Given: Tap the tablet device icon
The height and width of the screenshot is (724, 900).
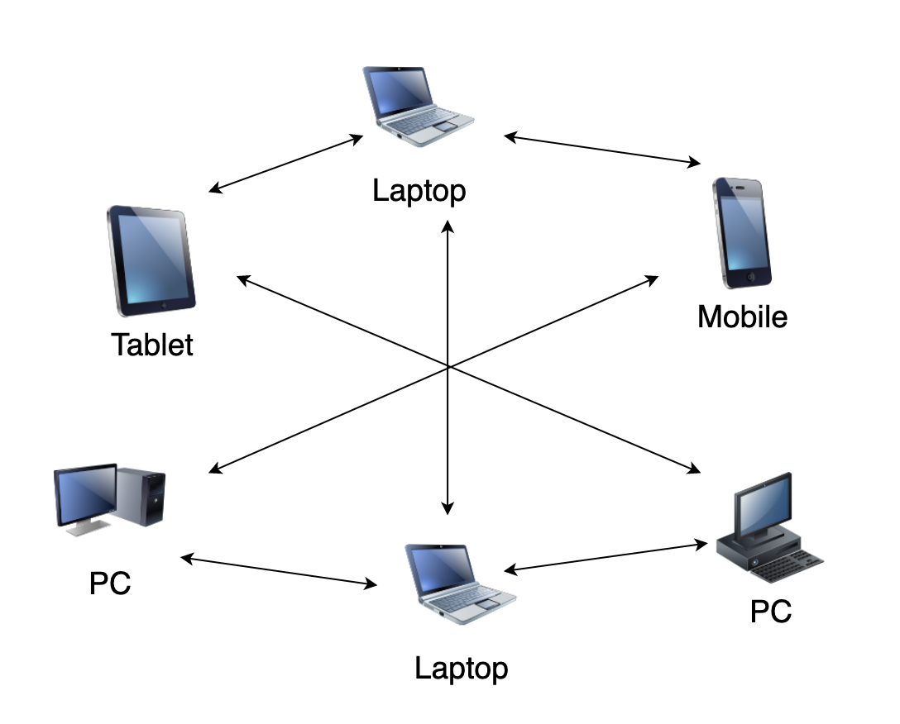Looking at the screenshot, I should [151, 260].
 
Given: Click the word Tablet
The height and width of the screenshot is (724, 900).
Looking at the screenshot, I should [152, 344].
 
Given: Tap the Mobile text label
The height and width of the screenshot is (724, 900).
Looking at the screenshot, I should [742, 317].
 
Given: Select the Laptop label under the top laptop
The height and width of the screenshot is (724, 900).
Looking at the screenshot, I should [419, 191].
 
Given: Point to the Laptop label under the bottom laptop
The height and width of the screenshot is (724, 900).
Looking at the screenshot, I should [461, 668].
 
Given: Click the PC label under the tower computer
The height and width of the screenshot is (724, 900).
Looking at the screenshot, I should [110, 583].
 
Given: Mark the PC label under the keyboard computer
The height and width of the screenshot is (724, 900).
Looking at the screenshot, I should [770, 612].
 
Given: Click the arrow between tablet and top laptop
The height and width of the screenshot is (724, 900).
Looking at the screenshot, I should [286, 164].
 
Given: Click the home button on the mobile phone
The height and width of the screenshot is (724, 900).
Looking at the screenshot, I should [752, 276].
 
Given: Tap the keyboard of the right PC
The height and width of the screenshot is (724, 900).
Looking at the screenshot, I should [786, 566].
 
